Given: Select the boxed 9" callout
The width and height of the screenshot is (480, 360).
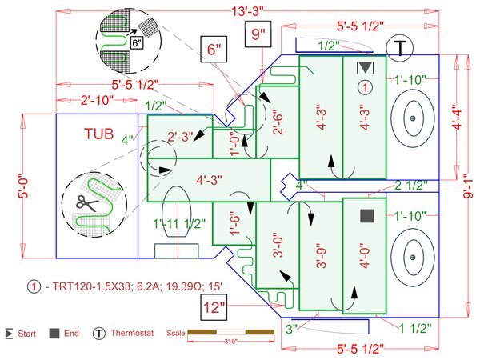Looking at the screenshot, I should coord(258,35).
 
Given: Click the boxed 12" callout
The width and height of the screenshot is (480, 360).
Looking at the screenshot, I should coord(214,306).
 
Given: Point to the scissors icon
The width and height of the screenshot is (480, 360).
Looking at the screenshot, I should coord(83,204).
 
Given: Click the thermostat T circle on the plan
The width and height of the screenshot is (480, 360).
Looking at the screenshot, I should coord(399,46).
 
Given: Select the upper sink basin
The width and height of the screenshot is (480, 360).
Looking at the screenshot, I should coord(413,118).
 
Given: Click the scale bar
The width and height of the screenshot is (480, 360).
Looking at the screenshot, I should coord(218,332).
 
